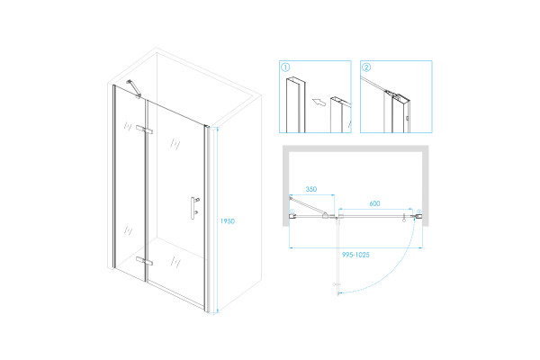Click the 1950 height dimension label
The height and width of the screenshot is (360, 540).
pos(228,221)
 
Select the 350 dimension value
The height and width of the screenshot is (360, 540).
pos(311,189)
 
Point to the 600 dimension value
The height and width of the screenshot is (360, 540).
pos(374,203)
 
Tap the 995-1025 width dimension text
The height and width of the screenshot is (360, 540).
pos(355,255)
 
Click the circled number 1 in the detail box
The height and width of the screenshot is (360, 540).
pos(285,67)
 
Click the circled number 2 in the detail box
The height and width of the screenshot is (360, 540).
pos(366,67)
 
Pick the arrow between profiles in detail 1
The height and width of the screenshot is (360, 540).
pos(319,102)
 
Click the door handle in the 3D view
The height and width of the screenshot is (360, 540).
pos(194,208)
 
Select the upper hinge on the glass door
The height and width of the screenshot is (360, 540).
pos(144,130)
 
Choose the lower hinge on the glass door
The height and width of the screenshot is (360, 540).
pos(144,261)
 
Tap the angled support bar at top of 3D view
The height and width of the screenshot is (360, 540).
pos(134,89)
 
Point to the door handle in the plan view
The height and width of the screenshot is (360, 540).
pos(404,218)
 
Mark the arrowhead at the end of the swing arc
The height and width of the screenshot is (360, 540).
pos(339,293)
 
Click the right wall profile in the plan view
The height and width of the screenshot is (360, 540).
pos(418,216)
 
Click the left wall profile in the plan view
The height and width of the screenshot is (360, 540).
pos(292,216)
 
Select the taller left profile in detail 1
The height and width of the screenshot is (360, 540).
pos(295,104)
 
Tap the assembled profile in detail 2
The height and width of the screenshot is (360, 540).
pos(397,112)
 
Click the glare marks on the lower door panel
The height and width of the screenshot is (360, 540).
pos(175,262)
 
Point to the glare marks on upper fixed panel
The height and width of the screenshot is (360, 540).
pos(128,126)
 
